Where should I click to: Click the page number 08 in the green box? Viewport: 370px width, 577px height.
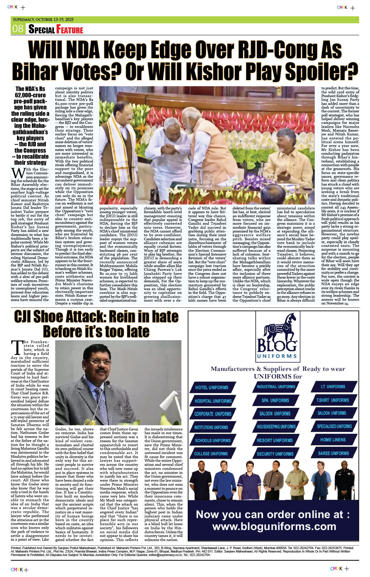pos(18,29)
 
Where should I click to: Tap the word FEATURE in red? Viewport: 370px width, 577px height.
pos(70,29)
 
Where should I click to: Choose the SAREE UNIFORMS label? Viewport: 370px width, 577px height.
pos(333,453)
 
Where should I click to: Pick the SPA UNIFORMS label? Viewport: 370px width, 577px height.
pos(275,400)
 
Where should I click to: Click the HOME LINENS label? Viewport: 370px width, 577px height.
pos(333,440)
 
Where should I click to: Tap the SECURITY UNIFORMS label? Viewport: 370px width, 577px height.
pos(275,454)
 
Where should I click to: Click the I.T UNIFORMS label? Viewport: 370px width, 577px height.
pos(333,387)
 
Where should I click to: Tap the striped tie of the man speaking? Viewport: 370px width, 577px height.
pos(101,398)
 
